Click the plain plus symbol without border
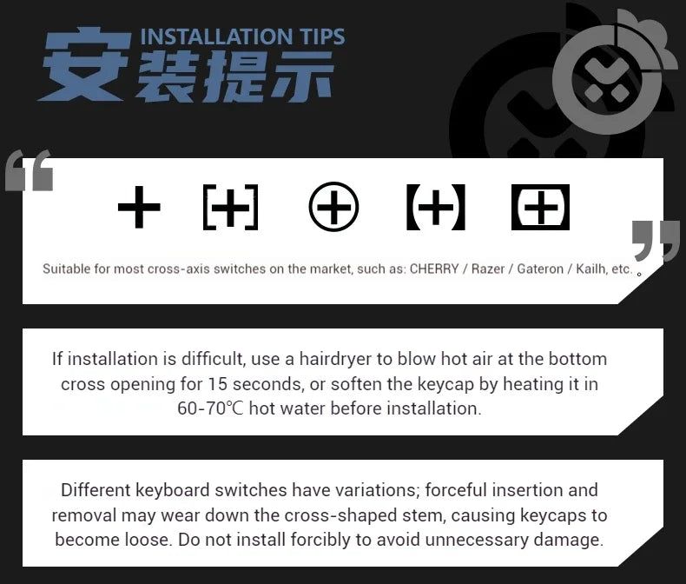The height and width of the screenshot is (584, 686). pos(139,207)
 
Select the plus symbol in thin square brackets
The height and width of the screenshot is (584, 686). pos(231,207)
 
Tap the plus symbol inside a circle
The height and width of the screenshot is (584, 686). pos(333,207)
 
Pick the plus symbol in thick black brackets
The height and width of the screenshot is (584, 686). pos(436,207)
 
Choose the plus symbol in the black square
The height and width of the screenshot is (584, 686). pos(540,207)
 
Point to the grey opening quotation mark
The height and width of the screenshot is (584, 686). pos(30,170)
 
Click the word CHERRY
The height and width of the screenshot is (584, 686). pos(434,269)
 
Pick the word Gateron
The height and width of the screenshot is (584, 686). pos(540,269)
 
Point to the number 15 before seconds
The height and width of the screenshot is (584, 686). pos(217,384)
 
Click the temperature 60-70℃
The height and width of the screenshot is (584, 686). pos(210,408)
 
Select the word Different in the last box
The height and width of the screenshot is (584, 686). pos(96,490)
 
